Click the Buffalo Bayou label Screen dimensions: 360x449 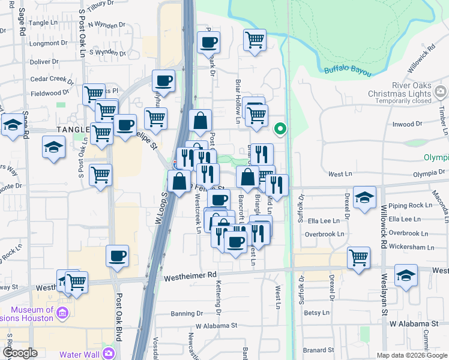[348, 71]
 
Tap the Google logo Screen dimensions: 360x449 [20, 353]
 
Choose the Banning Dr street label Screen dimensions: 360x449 [187, 313]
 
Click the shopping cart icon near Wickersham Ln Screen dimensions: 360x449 [358, 257]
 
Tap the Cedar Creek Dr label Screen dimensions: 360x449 [50, 79]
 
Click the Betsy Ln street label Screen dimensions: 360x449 [317, 313]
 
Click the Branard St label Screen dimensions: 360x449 [318, 350]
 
